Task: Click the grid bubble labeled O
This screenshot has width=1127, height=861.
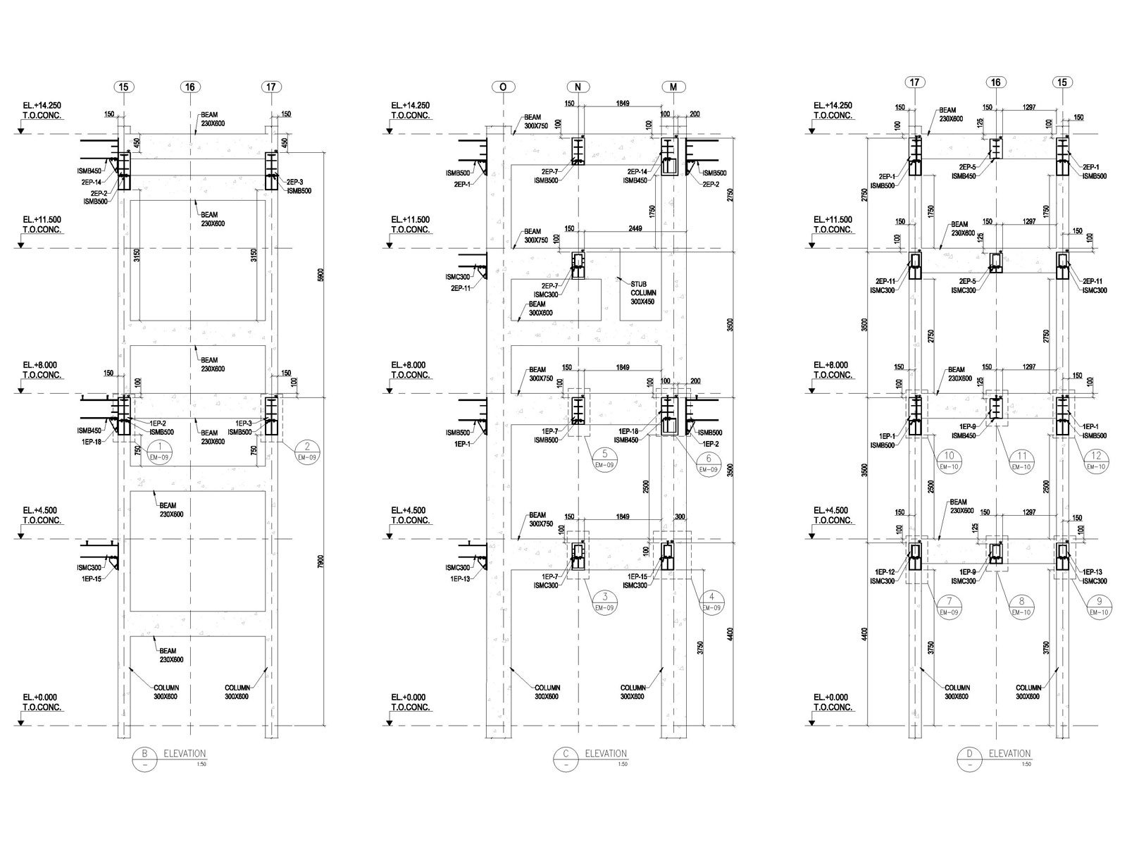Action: tap(503, 87)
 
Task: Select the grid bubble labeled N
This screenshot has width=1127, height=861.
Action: tap(578, 87)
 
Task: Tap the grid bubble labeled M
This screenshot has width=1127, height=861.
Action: tap(674, 87)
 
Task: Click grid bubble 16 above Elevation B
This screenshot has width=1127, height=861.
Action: tap(189, 87)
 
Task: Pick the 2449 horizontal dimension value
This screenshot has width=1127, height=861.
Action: tap(637, 229)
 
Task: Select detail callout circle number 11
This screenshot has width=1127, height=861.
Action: tap(1021, 460)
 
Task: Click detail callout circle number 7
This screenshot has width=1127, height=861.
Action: tap(949, 606)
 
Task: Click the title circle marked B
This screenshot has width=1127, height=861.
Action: tap(144, 757)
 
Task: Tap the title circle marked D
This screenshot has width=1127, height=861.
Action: tap(970, 758)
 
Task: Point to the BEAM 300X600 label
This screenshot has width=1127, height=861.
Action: tap(542, 309)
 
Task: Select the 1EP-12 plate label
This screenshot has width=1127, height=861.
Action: tap(885, 572)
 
